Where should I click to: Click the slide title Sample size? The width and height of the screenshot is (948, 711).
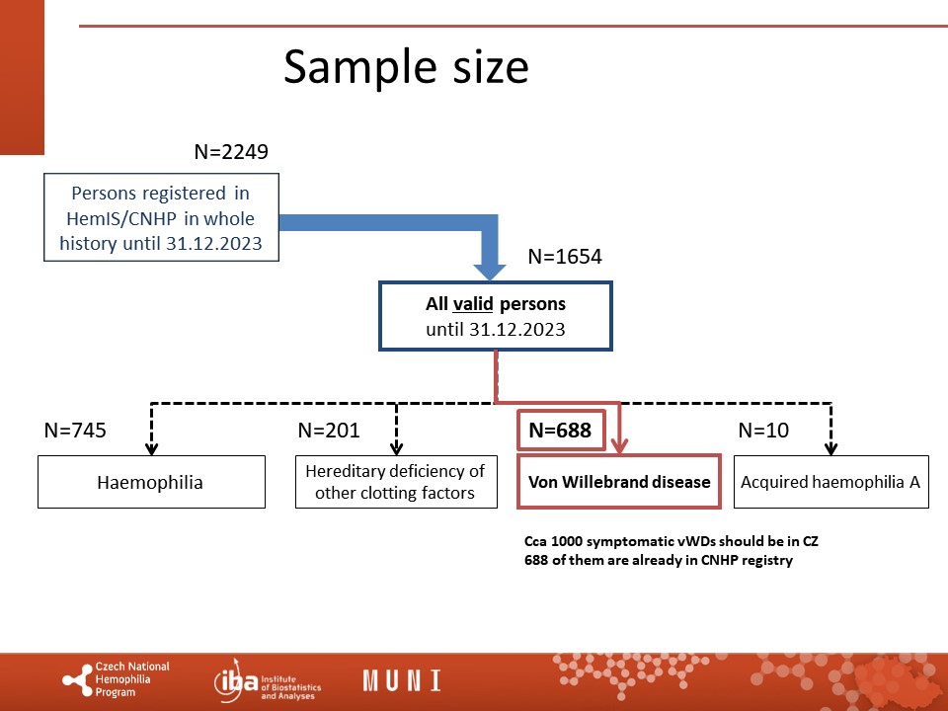406,67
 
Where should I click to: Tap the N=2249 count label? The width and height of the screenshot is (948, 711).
231,151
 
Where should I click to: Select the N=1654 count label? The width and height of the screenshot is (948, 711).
565,257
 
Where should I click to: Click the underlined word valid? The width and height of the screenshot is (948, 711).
473,303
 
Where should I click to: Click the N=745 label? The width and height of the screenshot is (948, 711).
75,430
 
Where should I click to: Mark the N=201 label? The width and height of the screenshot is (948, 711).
329,430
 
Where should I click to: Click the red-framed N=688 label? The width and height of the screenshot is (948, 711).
561,430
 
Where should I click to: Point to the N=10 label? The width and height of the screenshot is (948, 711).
763,430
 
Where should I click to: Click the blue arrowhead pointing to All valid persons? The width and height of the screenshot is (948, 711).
490,271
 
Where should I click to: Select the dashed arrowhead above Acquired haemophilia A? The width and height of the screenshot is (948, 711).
831,448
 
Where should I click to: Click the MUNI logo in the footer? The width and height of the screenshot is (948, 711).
402,680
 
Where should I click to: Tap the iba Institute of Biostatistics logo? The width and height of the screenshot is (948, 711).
268,680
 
